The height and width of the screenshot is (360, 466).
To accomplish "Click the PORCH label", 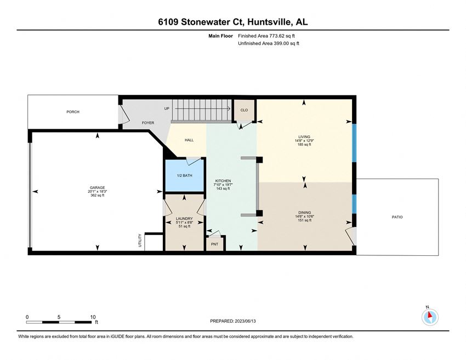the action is pyautogui.click(x=73, y=112).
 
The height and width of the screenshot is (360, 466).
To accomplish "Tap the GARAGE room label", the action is pyautogui.click(x=98, y=188).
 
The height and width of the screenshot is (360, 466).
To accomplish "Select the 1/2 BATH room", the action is pyautogui.click(x=184, y=175).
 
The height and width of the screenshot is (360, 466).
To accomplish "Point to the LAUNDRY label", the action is pyautogui.click(x=184, y=219).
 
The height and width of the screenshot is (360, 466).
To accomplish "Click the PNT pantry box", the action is pyautogui.click(x=214, y=244).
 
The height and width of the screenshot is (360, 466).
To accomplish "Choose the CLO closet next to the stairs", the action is pyautogui.click(x=244, y=110).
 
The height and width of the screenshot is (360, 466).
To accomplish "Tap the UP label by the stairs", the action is pyautogui.click(x=167, y=108).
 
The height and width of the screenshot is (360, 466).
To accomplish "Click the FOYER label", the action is pyautogui.click(x=148, y=123).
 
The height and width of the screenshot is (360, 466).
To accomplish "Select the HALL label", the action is pyautogui.click(x=189, y=140).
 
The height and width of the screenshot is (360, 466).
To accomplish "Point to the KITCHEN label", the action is pyautogui.click(x=223, y=181).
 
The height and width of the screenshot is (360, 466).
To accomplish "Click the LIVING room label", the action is pyautogui.click(x=304, y=137).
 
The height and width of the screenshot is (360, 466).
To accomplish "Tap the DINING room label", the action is pyautogui.click(x=305, y=213).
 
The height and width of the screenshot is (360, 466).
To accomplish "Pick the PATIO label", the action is pyautogui.click(x=397, y=217).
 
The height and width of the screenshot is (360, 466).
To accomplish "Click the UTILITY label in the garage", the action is pyautogui.click(x=140, y=241).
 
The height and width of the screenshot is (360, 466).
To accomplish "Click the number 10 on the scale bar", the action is pyautogui.click(x=93, y=317).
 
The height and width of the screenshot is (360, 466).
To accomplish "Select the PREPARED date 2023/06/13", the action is pyautogui.click(x=245, y=321).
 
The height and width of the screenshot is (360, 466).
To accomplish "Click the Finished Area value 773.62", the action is pyautogui.click(x=277, y=36).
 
